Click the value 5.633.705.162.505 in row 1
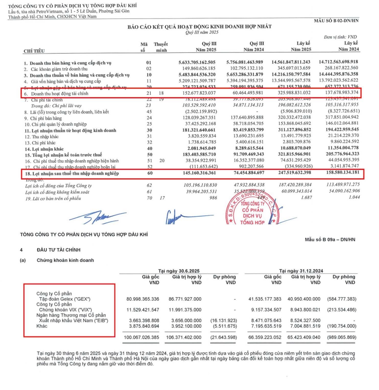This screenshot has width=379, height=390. tap(197, 62)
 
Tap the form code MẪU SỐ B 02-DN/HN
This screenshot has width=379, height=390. tap(336, 21)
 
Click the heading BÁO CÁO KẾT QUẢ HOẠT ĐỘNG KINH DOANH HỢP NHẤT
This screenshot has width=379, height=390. tap(199, 27)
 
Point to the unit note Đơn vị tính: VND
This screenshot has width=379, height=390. tap(340, 37)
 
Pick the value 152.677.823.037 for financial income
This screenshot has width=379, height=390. tap(199, 93)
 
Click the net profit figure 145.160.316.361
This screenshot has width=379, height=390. tap(199, 173)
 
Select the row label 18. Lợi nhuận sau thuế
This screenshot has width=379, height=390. tap(75, 173)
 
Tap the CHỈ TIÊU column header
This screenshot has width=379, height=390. tap(34, 51)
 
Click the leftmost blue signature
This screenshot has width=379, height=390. tap(97, 217)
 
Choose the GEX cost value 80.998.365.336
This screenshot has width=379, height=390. tap(143, 299)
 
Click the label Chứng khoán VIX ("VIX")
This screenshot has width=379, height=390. tap(65, 310)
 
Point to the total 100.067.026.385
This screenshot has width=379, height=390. tap(141, 337)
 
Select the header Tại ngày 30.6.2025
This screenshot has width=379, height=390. tap(179, 271)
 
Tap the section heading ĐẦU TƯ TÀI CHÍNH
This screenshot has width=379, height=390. tap(58, 250)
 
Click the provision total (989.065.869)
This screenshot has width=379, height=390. tap(341, 337)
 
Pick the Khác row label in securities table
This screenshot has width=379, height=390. tap(42, 326)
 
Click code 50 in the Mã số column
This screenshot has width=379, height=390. tap(150, 154)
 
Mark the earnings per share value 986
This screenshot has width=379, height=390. tap(213, 198)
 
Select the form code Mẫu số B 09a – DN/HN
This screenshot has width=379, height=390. tap(330, 240)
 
